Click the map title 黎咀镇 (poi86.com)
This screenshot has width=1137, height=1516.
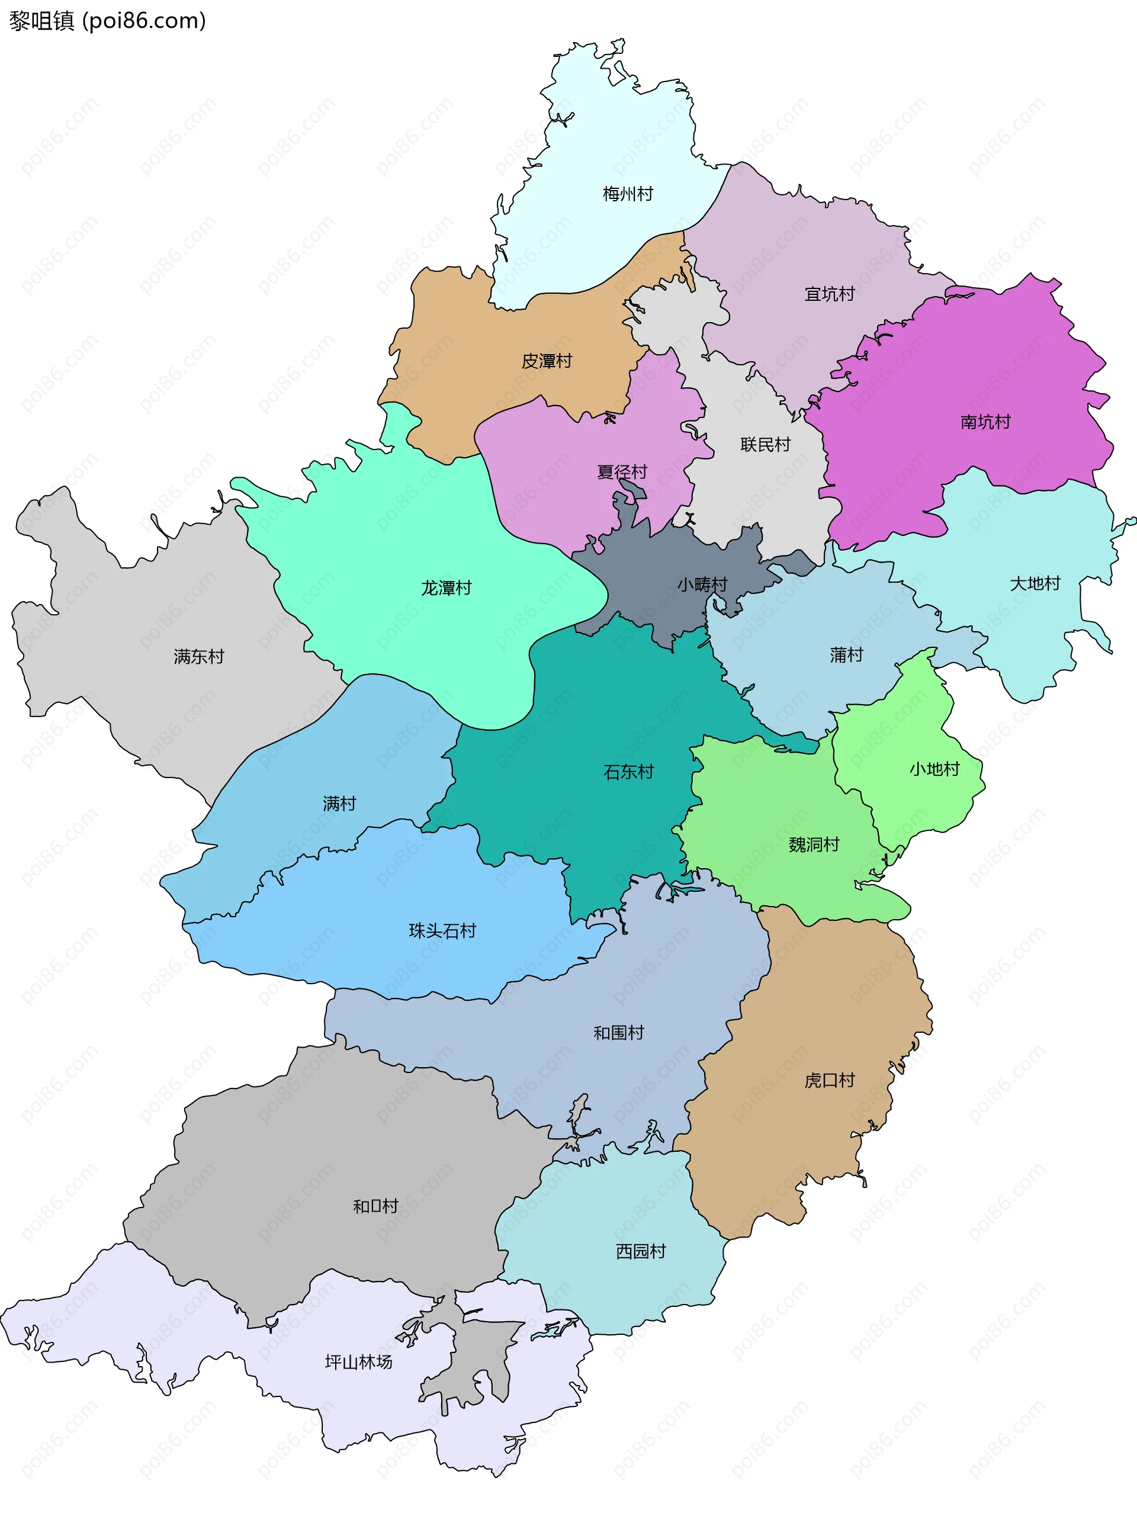[x=108, y=21]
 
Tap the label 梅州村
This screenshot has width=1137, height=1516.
[x=628, y=194]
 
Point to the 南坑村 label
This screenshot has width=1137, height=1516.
[x=985, y=422]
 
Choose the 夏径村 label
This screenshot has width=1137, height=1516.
[x=622, y=472]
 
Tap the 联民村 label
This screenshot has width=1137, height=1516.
[x=765, y=445]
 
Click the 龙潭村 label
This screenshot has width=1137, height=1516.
[x=446, y=588]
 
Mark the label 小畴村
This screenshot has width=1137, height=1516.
[x=702, y=584]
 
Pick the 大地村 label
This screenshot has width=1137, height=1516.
[x=1035, y=583]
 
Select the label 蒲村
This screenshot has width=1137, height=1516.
[x=846, y=655]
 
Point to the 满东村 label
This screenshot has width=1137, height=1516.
[x=199, y=657]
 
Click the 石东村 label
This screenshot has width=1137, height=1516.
[x=628, y=772]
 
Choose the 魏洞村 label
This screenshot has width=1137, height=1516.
[x=814, y=844]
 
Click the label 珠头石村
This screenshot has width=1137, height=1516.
[x=442, y=931]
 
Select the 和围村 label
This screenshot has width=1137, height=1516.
[x=618, y=1033]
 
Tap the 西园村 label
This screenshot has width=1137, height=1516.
[x=640, y=1251]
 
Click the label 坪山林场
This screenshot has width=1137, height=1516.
[x=358, y=1362]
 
